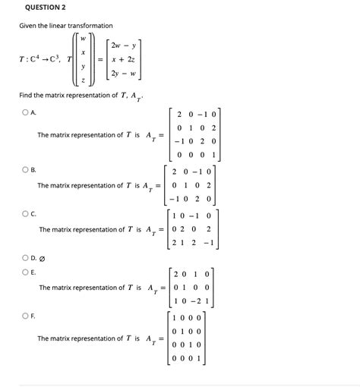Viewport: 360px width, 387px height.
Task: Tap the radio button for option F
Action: coord(25,313)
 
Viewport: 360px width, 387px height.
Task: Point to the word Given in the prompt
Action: coord(29,26)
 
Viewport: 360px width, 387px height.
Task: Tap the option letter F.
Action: coord(34,313)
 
